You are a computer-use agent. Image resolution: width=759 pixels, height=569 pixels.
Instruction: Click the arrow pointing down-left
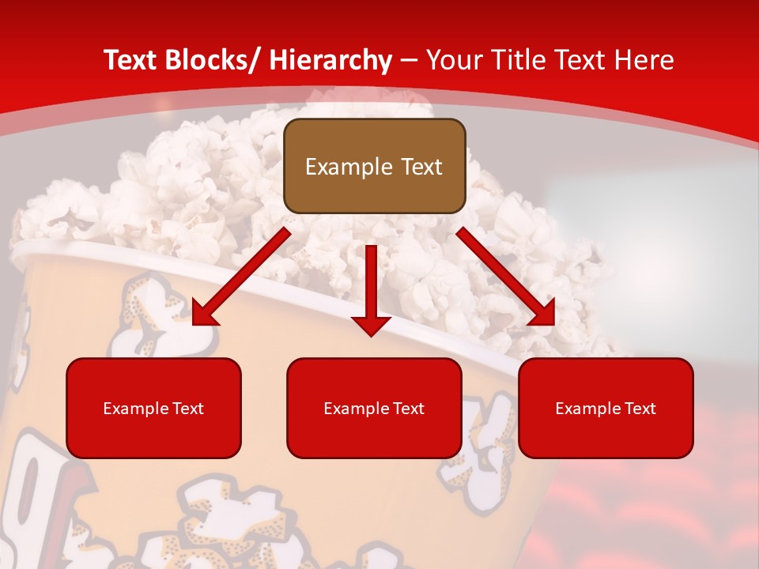[x=241, y=277]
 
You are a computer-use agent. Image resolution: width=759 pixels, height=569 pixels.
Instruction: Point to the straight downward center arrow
[x=371, y=284]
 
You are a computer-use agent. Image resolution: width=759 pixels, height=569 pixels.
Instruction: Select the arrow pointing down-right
[x=506, y=277]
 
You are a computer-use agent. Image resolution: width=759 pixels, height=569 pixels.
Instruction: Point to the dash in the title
[x=408, y=60]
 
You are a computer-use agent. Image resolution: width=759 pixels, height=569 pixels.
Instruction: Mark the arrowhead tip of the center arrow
[x=371, y=334]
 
